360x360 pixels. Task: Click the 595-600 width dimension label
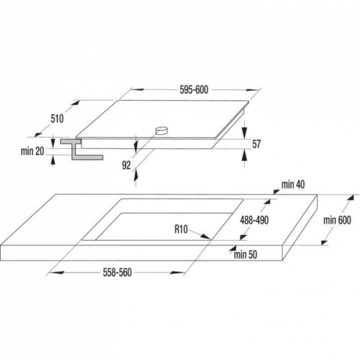coord(194,90)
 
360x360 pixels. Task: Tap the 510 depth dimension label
coord(57,119)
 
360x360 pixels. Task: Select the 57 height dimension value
coord(256,144)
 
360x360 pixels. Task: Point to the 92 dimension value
coord(126,165)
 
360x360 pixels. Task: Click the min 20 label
coord(32,151)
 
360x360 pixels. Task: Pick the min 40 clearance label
coord(293,184)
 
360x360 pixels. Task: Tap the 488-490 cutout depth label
coord(254,220)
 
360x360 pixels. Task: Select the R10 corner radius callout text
coord(181,229)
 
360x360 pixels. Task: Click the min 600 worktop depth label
coord(337,220)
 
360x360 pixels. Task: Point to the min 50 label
coord(245,254)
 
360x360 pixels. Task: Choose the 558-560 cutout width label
coord(118,272)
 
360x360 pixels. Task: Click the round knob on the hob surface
coord(161,131)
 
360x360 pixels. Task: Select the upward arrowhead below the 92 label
coord(136,174)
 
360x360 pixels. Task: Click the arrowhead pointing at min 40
coord(277,191)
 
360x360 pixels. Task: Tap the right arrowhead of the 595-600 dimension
coord(253,90)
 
